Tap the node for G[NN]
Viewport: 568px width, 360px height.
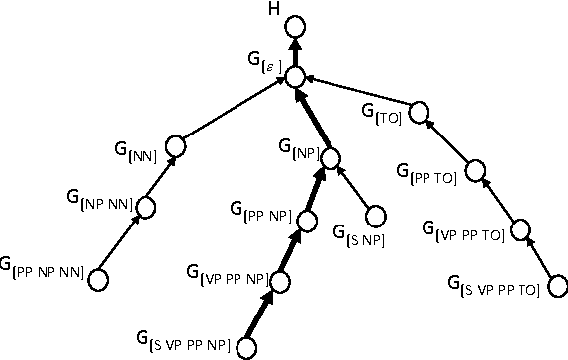point(177,146)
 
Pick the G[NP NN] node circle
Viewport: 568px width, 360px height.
point(147,207)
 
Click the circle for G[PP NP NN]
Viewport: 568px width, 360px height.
point(99,280)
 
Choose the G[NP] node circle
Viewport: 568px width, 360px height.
point(331,157)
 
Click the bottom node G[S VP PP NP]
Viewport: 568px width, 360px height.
point(247,346)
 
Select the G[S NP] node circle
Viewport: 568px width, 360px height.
point(375,216)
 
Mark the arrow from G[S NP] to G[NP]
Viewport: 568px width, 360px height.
point(354,188)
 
